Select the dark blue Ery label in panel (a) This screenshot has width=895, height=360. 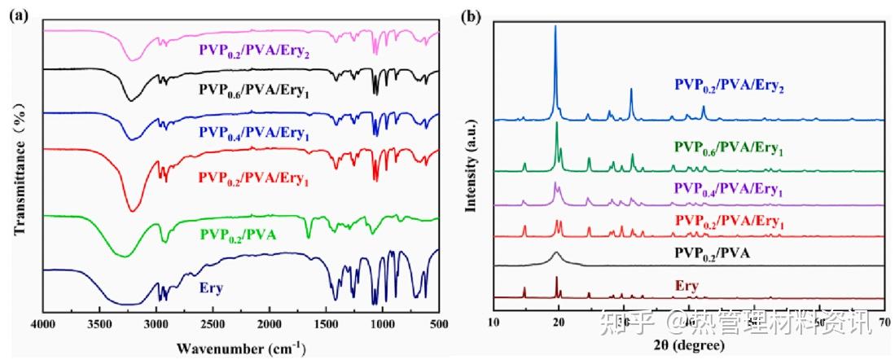pyautogui.click(x=212, y=288)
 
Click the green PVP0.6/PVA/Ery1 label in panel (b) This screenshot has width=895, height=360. pyautogui.click(x=728, y=149)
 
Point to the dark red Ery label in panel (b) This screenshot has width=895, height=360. pyautogui.click(x=687, y=287)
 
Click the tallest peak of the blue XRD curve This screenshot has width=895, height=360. pyautogui.click(x=555, y=27)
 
